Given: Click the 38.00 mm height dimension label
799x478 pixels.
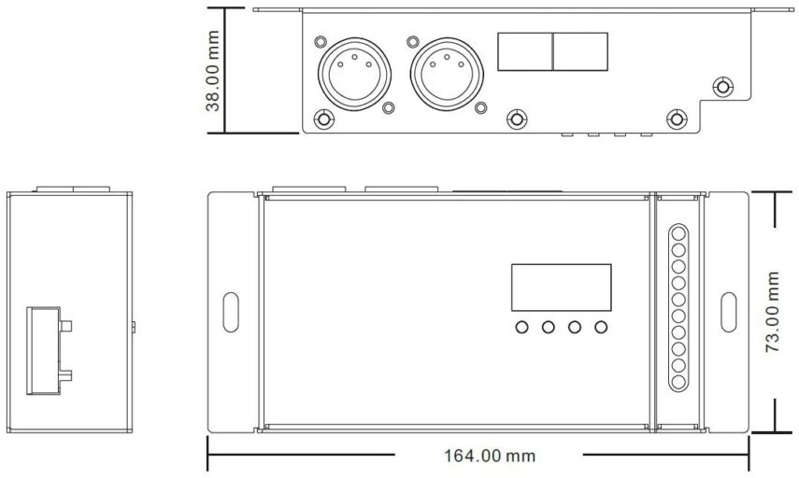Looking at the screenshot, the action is pyautogui.click(x=212, y=71).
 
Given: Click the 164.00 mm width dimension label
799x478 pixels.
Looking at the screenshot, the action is pyautogui.click(x=490, y=456).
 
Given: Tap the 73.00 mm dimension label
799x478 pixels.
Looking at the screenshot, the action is pyautogui.click(x=773, y=312).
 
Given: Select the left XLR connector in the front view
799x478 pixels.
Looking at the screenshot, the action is pyautogui.click(x=355, y=74).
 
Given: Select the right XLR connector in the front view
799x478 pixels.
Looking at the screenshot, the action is pyautogui.click(x=447, y=74).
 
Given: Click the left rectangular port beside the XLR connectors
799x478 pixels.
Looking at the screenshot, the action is pyautogui.click(x=525, y=51).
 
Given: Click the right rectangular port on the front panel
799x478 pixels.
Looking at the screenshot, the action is pyautogui.click(x=580, y=51).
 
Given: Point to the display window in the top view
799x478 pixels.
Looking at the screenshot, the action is pyautogui.click(x=561, y=288).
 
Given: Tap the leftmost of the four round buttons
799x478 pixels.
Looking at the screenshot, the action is pyautogui.click(x=521, y=327).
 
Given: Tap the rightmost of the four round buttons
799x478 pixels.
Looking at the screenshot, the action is pyautogui.click(x=601, y=327).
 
